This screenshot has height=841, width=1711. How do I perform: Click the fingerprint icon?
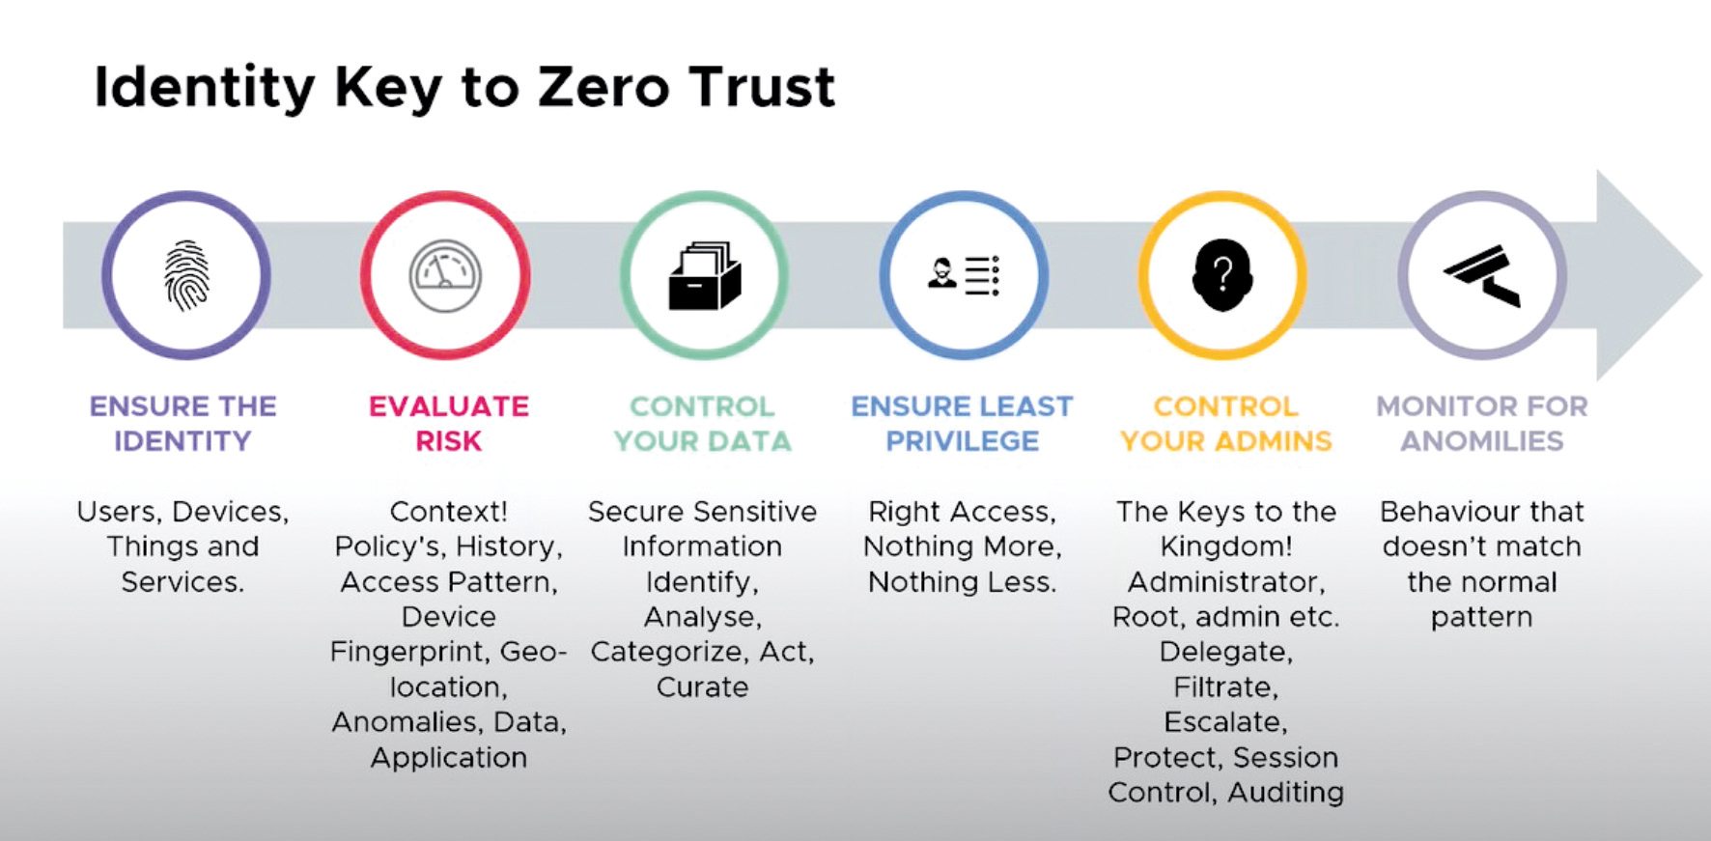coord(186,276)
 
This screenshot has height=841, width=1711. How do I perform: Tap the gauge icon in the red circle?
coord(445,276)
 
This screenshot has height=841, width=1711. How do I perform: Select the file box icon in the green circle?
coord(704,276)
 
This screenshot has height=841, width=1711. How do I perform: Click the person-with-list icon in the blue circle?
coord(963,275)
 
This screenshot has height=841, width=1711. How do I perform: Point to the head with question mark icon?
coord(1222,276)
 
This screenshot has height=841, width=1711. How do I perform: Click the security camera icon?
coord(1482,275)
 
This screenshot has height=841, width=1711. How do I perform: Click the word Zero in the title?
coord(603,88)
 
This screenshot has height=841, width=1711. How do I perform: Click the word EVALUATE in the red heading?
coord(449,406)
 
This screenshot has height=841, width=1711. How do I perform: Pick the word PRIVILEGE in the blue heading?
coord(963,441)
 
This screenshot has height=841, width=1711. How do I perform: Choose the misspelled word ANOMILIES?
coord(1482,441)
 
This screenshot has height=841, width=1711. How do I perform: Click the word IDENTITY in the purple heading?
coord(182,441)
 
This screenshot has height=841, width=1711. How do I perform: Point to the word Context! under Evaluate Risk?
coord(449,511)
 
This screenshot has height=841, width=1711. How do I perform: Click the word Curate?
coord(702,687)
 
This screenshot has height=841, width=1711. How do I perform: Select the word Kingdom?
coord(1225,547)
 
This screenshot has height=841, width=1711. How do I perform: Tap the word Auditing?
coord(1285,793)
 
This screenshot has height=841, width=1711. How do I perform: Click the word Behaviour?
coord(1434,512)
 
